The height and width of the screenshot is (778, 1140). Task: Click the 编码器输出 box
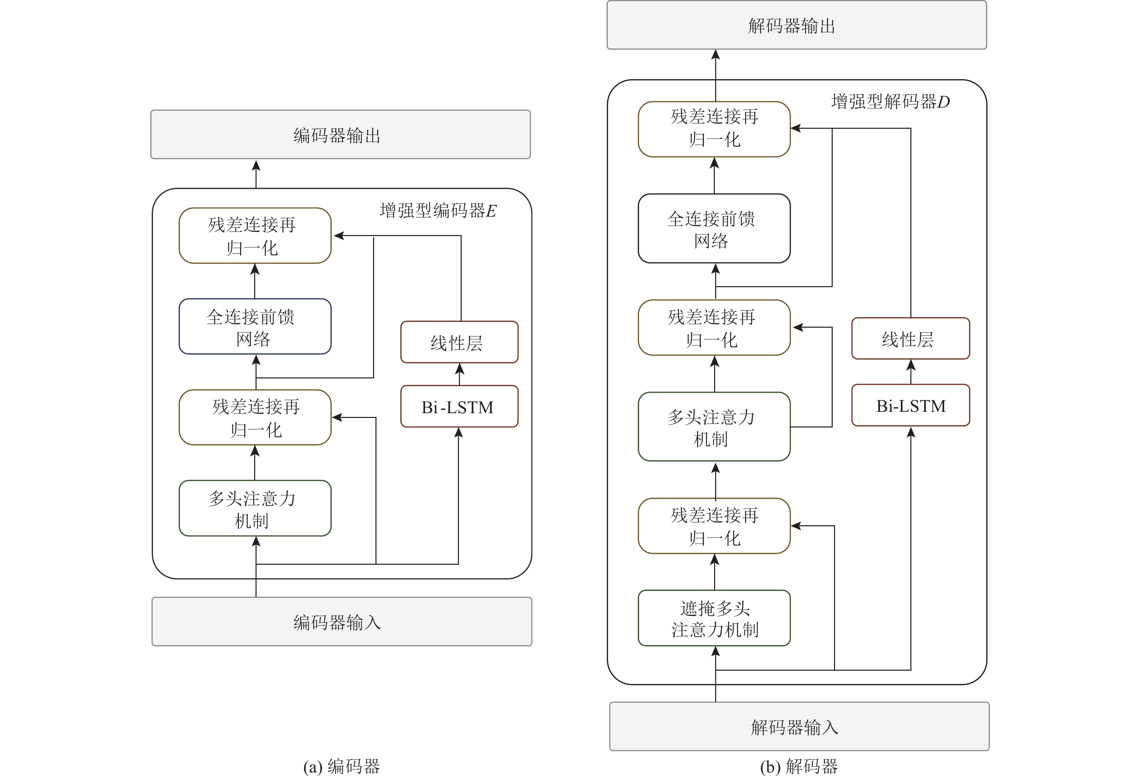tap(340, 135)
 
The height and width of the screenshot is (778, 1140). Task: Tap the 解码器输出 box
tap(796, 25)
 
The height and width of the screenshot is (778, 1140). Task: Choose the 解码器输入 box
tap(799, 727)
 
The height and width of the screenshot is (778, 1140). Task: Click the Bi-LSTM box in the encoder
tap(459, 407)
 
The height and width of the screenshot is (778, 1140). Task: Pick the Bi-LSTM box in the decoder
tap(910, 406)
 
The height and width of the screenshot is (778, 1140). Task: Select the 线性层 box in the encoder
tap(459, 342)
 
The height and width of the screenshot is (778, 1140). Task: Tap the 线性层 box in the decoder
tap(910, 339)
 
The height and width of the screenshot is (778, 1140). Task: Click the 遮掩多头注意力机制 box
tap(714, 618)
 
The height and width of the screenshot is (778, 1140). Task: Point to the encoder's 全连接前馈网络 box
tap(255, 327)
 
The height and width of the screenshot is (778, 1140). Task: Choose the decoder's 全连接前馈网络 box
tap(714, 229)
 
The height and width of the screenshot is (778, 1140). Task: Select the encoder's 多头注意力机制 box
tap(255, 508)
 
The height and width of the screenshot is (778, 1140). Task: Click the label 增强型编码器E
tap(438, 211)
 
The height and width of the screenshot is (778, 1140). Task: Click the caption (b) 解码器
tap(799, 766)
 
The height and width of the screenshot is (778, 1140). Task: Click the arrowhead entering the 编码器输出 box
tap(256, 166)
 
